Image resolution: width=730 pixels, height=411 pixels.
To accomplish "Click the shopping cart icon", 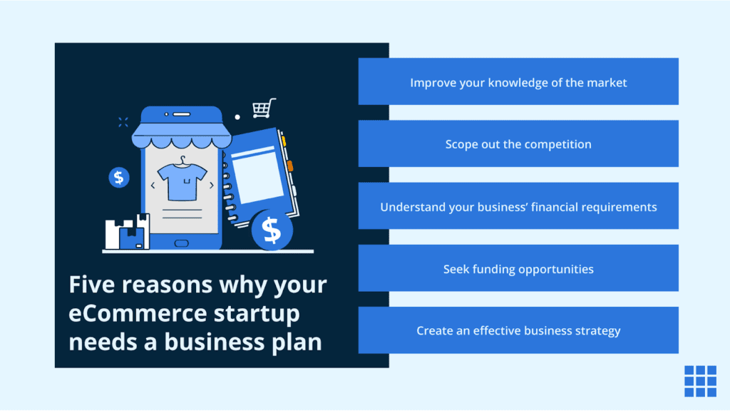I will [x=263, y=108].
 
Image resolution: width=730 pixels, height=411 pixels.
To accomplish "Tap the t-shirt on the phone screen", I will [x=182, y=181].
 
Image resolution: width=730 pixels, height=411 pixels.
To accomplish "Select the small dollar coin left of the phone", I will [x=119, y=178].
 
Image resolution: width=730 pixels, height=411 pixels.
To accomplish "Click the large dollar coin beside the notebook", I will [x=271, y=230].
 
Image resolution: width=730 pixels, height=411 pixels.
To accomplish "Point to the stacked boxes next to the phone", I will [x=128, y=232].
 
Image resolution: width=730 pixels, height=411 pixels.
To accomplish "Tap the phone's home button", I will [x=182, y=243].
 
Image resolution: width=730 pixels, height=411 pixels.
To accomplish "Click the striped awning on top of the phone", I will [x=181, y=132].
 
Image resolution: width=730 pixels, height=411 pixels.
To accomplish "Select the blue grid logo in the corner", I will [x=700, y=381].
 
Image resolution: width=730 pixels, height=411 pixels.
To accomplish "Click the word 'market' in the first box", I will [x=607, y=83].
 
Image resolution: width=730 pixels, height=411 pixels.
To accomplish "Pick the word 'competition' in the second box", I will [x=557, y=144].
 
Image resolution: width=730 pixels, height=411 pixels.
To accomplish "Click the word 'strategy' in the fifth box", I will [x=597, y=331].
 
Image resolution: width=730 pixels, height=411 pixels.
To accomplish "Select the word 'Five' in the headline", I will [x=94, y=285].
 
